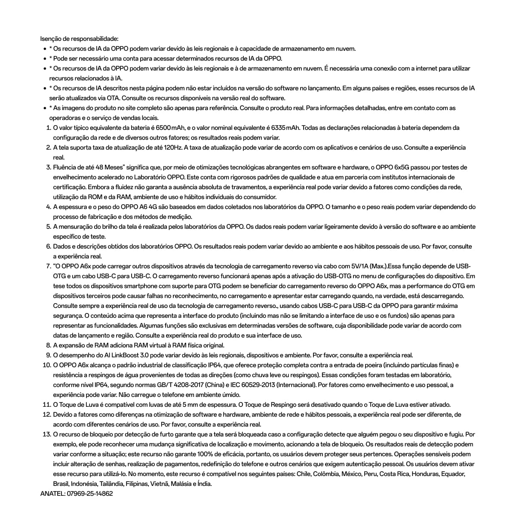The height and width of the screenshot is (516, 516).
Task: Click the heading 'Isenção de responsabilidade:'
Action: tap(79, 39)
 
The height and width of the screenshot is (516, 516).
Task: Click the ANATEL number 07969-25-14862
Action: tap(90, 494)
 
